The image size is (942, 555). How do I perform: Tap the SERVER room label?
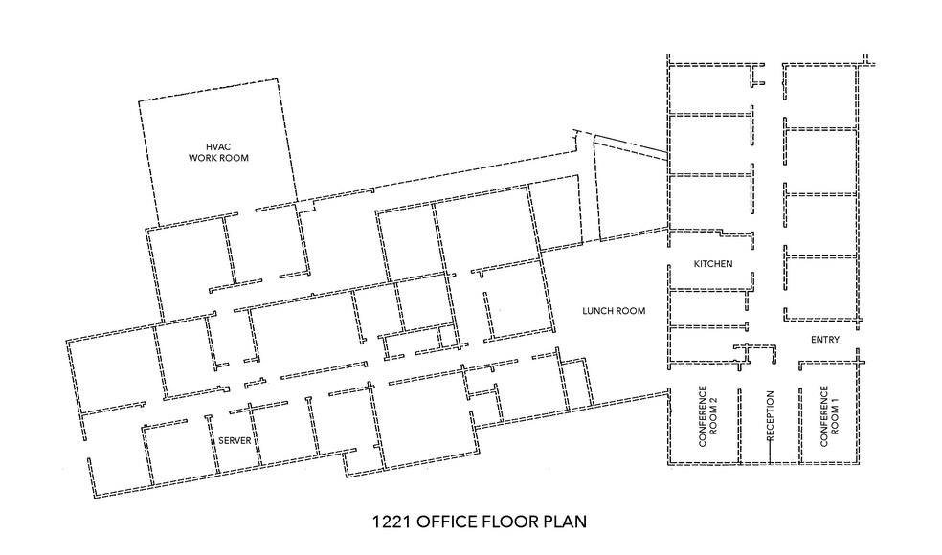235,439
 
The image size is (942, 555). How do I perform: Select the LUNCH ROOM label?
615,311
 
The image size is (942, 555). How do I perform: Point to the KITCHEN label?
713,263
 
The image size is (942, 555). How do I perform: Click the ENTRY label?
824,340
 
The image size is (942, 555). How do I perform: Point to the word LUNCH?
600,311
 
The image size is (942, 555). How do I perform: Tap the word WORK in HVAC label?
203,158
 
